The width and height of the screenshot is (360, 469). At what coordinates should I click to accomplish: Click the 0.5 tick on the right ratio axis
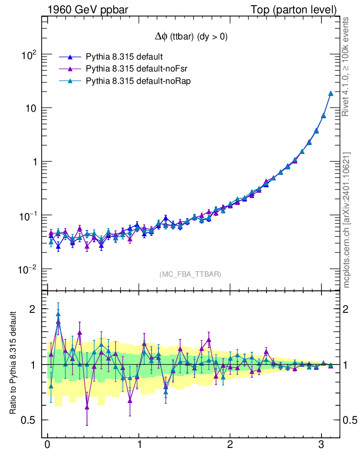[350, 420]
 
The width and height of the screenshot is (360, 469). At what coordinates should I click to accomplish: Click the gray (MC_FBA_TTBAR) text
[191, 274]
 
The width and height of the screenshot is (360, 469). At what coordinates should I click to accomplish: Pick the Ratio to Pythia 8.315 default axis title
[15, 363]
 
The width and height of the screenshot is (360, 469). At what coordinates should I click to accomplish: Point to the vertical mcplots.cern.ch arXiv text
[347, 220]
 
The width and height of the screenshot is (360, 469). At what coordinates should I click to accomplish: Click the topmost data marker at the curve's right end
[331, 93]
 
